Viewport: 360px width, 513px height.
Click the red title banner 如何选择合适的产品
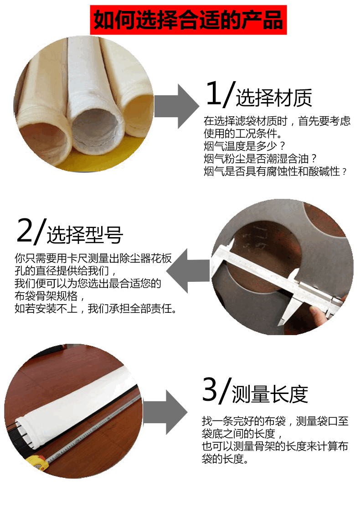(x=188, y=20)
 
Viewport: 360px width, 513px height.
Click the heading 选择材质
(x=274, y=97)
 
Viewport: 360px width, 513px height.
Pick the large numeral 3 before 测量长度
(x=210, y=389)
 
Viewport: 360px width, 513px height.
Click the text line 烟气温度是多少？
(x=244, y=146)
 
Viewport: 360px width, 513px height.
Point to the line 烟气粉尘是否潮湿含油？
(x=260, y=159)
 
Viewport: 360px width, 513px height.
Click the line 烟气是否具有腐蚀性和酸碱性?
(x=275, y=171)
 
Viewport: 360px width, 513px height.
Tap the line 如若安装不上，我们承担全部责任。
(x=96, y=309)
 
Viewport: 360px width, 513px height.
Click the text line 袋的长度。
(x=226, y=458)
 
